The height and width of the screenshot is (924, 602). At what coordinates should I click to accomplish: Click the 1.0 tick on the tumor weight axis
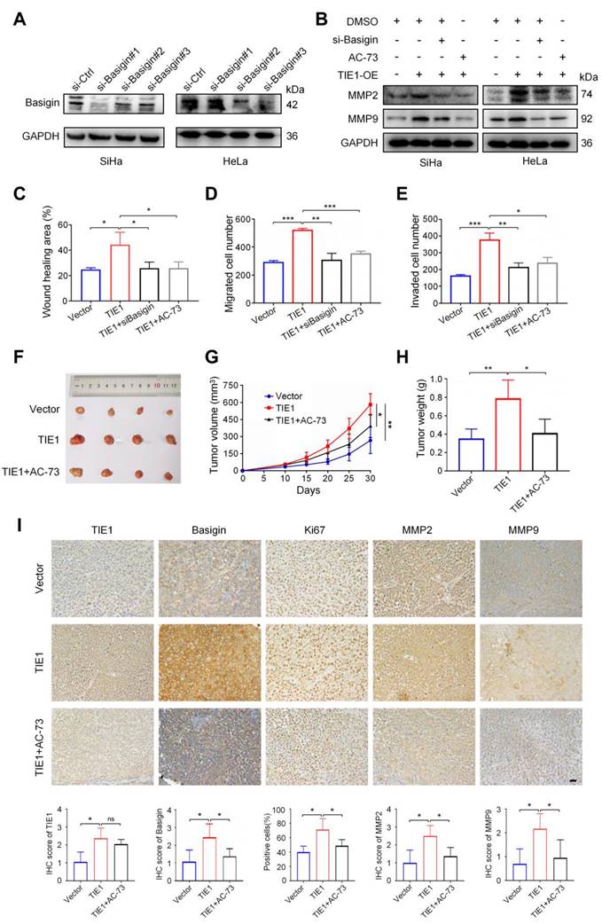[x=445, y=379]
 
